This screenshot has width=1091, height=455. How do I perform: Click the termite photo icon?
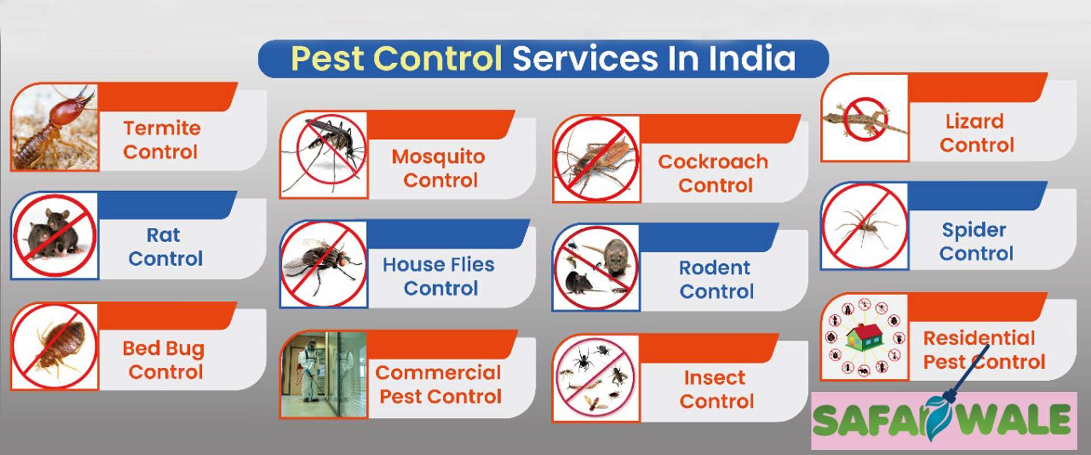coord(55,127)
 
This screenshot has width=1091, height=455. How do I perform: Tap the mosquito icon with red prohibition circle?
coord(324,155)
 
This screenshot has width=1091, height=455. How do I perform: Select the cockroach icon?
coord(597,159)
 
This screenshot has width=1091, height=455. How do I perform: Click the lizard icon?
coord(865,118)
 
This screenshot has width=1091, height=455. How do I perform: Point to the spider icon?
coord(865,226)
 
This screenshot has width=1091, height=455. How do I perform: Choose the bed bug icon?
coord(55,346)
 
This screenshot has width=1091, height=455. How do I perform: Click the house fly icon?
coord(324,264)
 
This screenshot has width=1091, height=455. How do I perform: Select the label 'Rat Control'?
coord(165,247)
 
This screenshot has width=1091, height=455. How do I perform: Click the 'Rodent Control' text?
coord(716,279)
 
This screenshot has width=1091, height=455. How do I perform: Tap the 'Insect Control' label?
coord(716,389)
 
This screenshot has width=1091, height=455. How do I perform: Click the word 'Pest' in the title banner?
coord(327,59)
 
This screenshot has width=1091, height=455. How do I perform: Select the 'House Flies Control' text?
coord(439,276)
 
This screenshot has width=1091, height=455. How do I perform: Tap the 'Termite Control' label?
coord(161,140)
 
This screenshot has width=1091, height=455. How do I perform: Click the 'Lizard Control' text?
coord(976,133)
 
